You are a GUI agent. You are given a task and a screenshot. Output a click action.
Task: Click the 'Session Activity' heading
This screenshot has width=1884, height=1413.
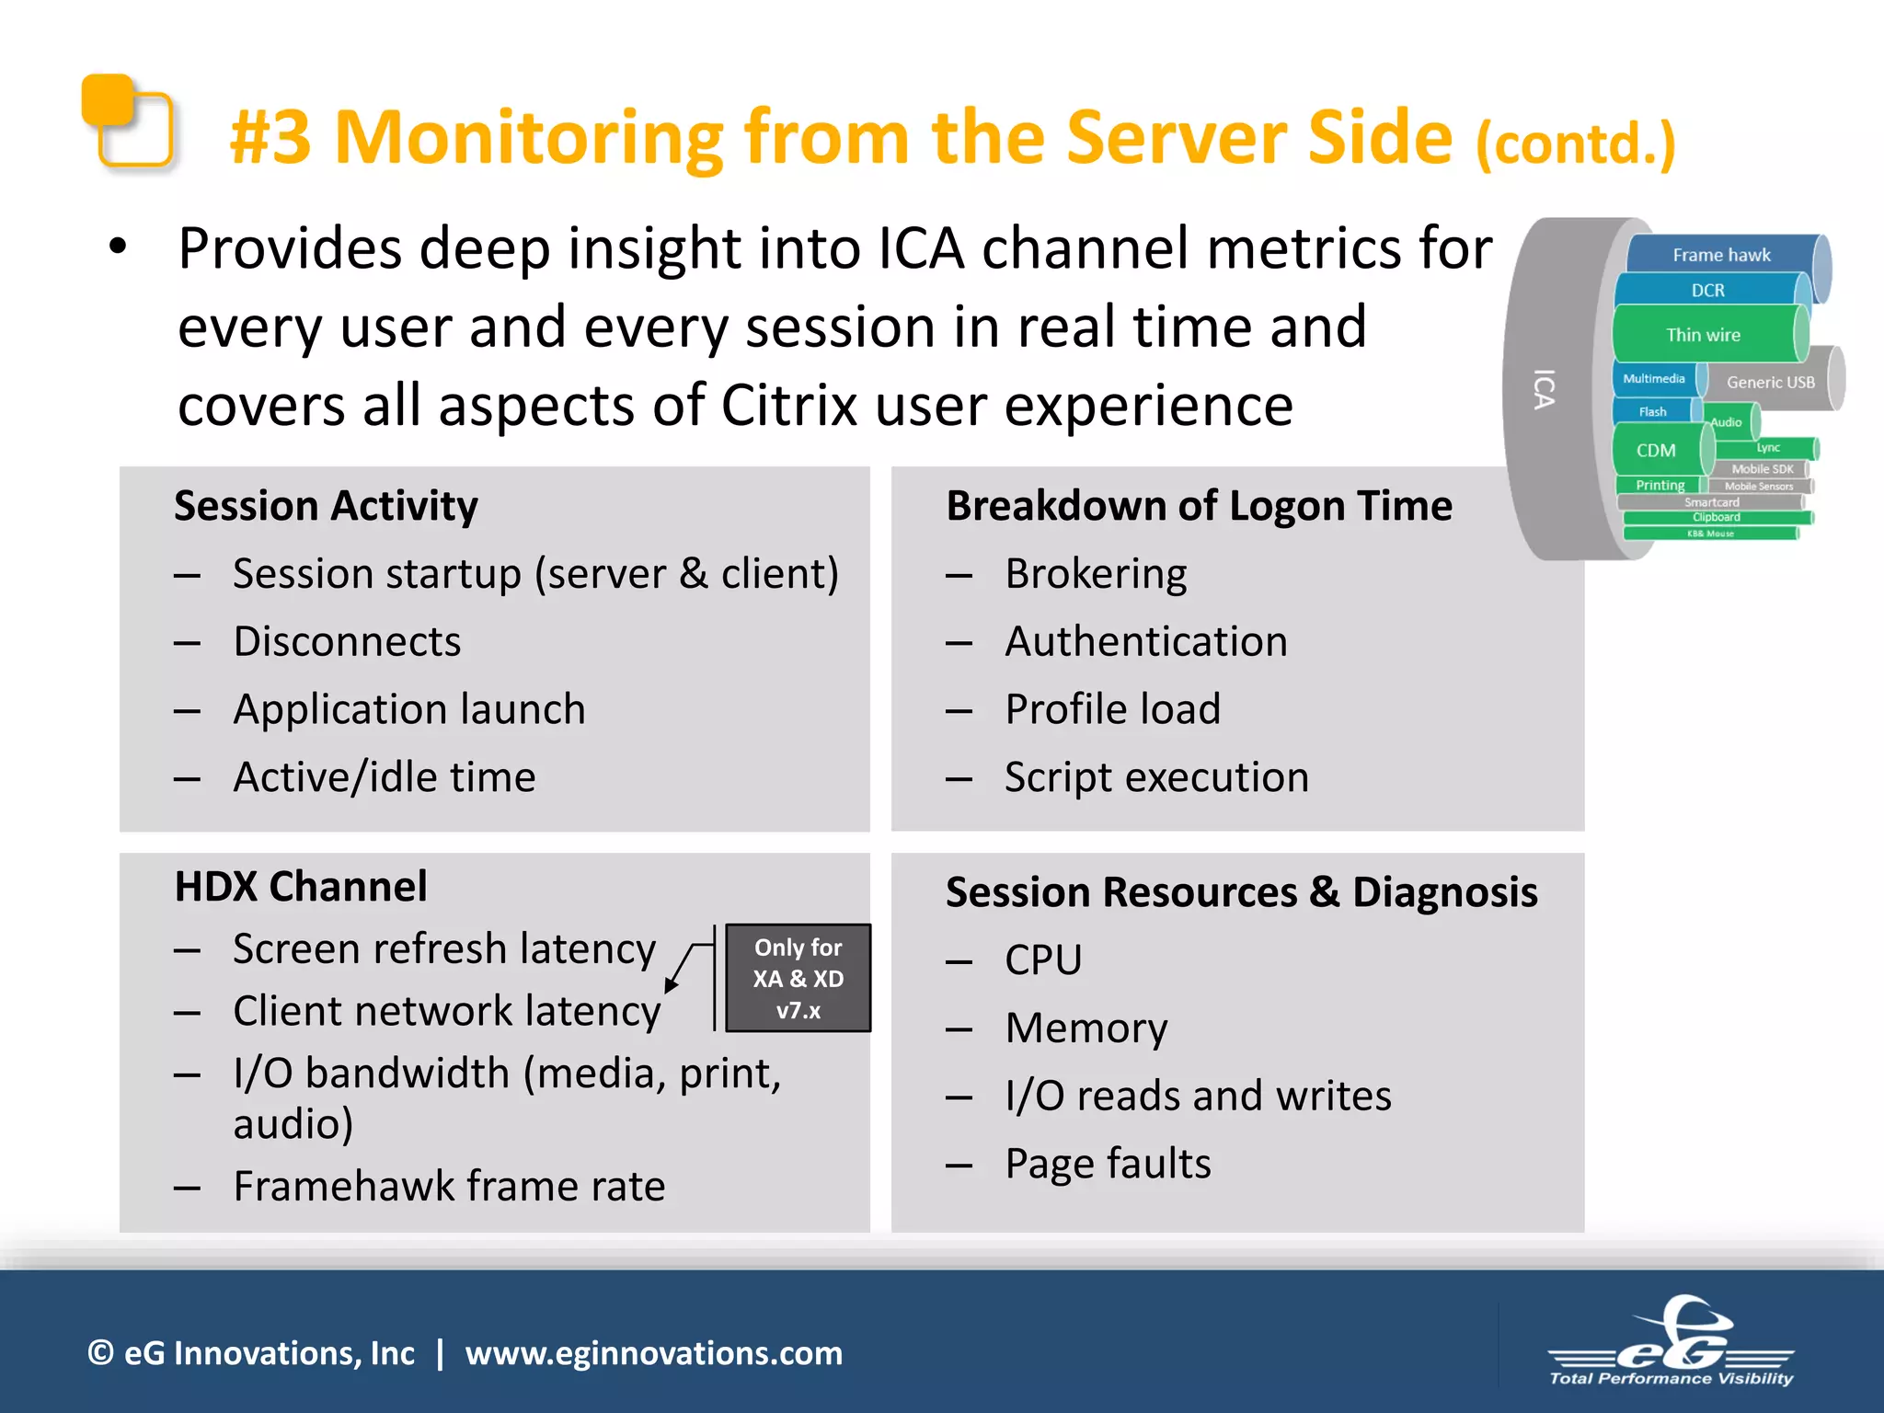coord(326,506)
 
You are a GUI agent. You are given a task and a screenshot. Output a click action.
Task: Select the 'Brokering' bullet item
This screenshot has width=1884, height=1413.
coord(1095,574)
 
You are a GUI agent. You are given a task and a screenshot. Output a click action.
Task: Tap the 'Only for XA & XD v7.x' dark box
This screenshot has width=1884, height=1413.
coord(798,978)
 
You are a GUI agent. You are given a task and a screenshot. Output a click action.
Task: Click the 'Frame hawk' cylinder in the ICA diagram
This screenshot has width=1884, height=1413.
coord(1720,255)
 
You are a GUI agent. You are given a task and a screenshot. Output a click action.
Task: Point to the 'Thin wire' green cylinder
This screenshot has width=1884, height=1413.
coord(1703,335)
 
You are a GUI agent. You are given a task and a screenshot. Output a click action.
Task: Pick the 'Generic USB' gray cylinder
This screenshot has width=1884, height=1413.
coord(1770,382)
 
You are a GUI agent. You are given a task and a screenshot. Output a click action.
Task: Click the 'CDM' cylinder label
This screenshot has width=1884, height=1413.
coord(1655,451)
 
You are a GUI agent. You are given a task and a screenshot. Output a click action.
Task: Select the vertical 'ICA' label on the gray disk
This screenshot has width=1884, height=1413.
coord(1545,389)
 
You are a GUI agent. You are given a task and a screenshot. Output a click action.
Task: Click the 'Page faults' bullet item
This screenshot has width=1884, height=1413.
coord(1107,1164)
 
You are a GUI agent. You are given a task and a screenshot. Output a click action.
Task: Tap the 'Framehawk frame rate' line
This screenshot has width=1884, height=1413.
coord(449,1186)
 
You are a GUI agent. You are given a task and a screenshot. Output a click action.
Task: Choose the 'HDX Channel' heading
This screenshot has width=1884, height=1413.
coord(301,887)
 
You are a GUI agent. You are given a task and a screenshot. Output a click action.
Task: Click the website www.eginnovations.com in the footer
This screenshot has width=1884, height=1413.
coord(653,1353)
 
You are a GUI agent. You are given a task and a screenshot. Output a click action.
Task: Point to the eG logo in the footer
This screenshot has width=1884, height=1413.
coord(1671,1343)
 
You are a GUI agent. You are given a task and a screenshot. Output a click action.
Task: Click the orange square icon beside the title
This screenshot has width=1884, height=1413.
coord(127,121)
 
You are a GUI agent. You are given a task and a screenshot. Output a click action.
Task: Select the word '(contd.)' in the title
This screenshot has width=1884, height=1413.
coord(1576,144)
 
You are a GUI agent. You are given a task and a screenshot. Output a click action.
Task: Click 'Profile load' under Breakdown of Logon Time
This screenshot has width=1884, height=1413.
coord(1112,709)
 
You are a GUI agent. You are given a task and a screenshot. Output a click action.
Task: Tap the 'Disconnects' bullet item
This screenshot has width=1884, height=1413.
coord(347,642)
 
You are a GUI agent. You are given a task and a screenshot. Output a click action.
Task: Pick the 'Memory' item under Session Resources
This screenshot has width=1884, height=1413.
coord(1086,1028)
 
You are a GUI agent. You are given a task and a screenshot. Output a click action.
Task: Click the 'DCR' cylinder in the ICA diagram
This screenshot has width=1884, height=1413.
coord(1707,291)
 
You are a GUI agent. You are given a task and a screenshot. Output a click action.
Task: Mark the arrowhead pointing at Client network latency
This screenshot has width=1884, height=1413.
coord(672,985)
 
